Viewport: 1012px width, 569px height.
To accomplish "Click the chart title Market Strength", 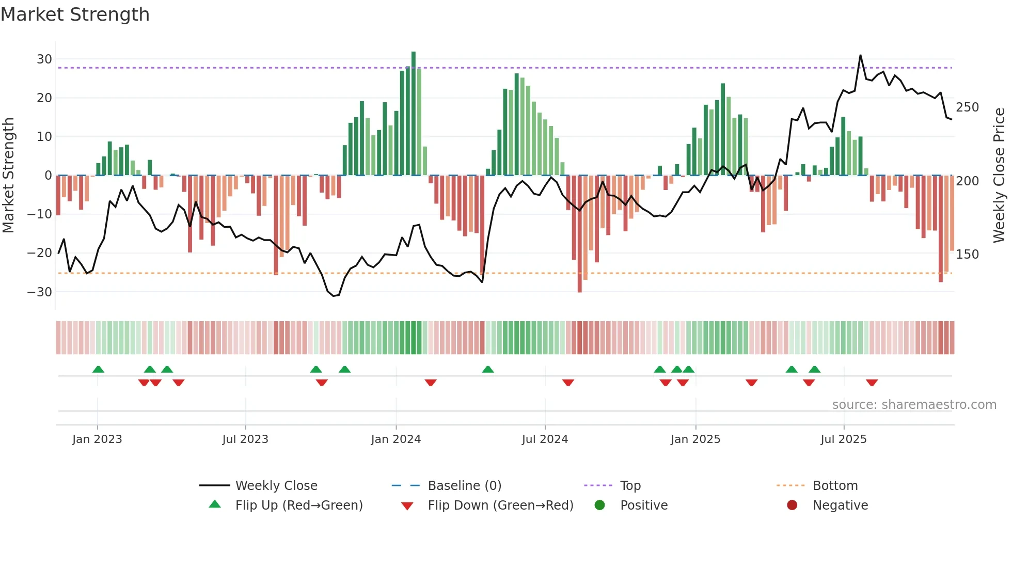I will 75,14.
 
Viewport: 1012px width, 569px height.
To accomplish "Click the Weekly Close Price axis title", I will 999,176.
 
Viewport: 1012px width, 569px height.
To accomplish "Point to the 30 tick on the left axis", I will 44,59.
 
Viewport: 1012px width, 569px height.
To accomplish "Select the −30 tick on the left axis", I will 40,292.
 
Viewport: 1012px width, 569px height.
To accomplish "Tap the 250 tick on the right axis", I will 967,107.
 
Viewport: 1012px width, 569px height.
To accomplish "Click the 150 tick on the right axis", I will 967,255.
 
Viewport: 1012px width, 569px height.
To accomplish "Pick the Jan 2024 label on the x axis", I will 396,439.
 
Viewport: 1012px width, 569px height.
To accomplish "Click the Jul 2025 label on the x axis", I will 843,439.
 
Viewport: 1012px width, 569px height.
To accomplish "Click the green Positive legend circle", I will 599,505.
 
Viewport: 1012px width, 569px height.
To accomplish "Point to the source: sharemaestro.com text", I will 914,405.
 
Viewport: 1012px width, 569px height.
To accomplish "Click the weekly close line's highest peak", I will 860,56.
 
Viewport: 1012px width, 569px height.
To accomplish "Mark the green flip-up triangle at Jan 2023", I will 98,370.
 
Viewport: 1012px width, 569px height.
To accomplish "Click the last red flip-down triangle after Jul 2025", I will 872,383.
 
